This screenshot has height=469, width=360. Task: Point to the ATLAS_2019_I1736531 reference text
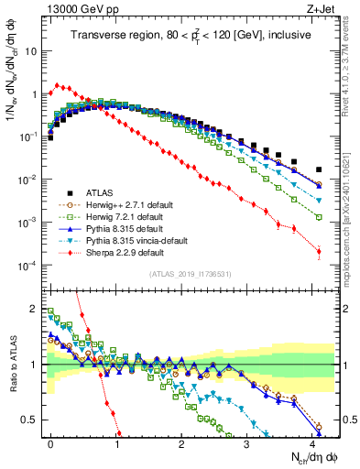pyautogui.click(x=191, y=275)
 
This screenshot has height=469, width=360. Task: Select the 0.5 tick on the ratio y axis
pyautogui.click(x=30, y=420)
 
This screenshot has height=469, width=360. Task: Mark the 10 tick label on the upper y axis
pyautogui.click(x=30, y=52)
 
